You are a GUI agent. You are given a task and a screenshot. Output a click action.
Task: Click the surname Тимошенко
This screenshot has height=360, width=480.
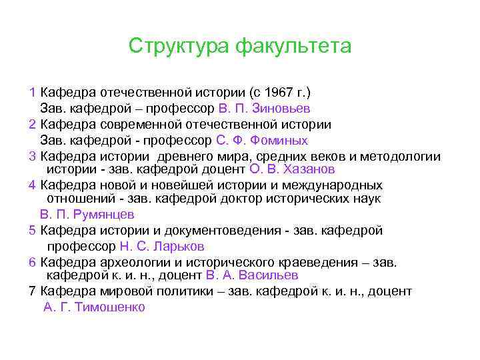click(110, 307)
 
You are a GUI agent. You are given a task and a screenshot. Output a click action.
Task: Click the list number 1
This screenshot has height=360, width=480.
click(33, 91)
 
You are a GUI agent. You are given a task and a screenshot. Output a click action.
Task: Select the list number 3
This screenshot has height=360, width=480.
click(33, 157)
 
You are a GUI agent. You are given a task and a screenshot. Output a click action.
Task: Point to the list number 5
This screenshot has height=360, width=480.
click(33, 231)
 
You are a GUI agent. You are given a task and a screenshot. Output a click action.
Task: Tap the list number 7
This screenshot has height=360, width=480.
click(33, 291)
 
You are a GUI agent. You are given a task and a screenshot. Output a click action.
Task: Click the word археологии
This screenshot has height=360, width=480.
click(131, 262)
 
